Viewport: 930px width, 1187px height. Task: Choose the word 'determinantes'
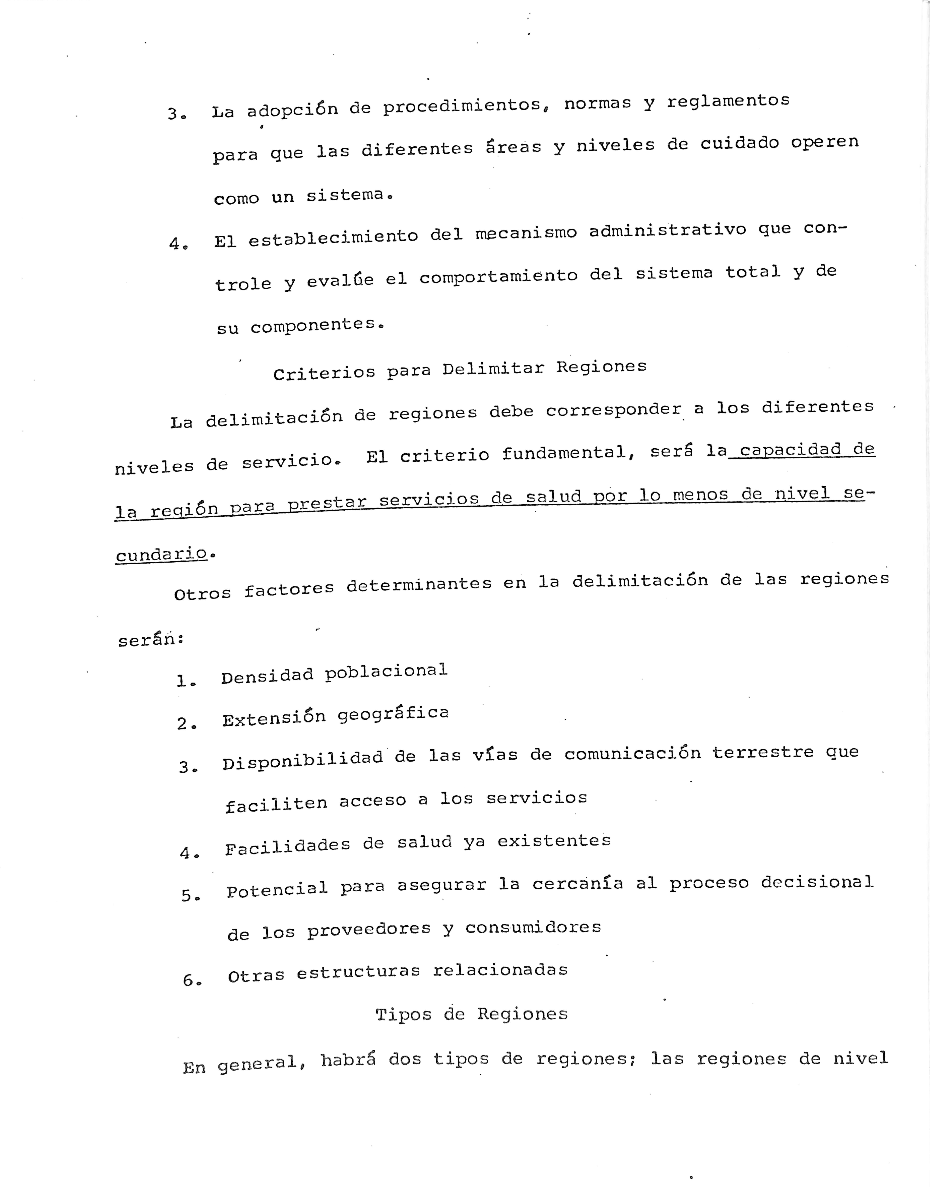pos(419,585)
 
